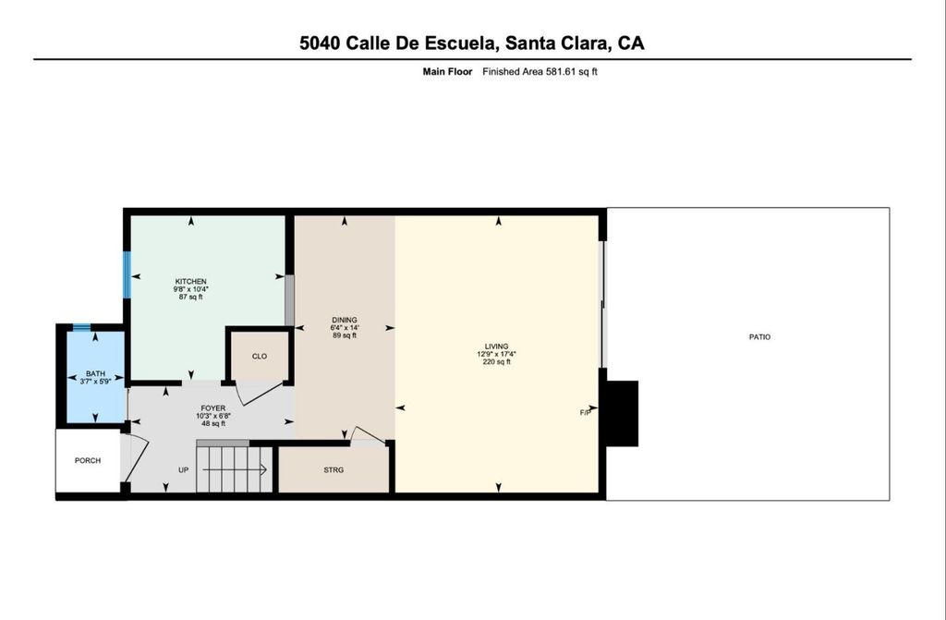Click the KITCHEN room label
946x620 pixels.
pyautogui.click(x=190, y=281)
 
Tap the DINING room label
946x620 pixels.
pyautogui.click(x=345, y=320)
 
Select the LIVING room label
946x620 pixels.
pyautogui.click(x=496, y=346)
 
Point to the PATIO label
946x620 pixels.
pyautogui.click(x=759, y=337)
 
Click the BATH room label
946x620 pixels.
pyautogui.click(x=95, y=373)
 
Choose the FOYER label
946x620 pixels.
pyautogui.click(x=213, y=408)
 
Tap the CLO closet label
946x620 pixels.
pyautogui.click(x=260, y=356)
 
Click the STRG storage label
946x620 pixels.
pyautogui.click(x=334, y=469)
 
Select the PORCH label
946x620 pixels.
pyautogui.click(x=88, y=461)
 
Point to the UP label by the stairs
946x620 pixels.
pyautogui.click(x=184, y=469)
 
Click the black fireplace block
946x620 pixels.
pyautogui.click(x=622, y=414)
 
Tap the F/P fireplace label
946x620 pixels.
pyautogui.click(x=585, y=413)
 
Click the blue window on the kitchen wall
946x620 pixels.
pyautogui.click(x=127, y=274)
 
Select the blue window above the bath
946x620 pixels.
pyautogui.click(x=81, y=328)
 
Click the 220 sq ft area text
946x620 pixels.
pyautogui.click(x=496, y=362)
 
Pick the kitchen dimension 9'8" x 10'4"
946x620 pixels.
pyautogui.click(x=190, y=289)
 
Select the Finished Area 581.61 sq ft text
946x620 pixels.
pyautogui.click(x=540, y=72)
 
